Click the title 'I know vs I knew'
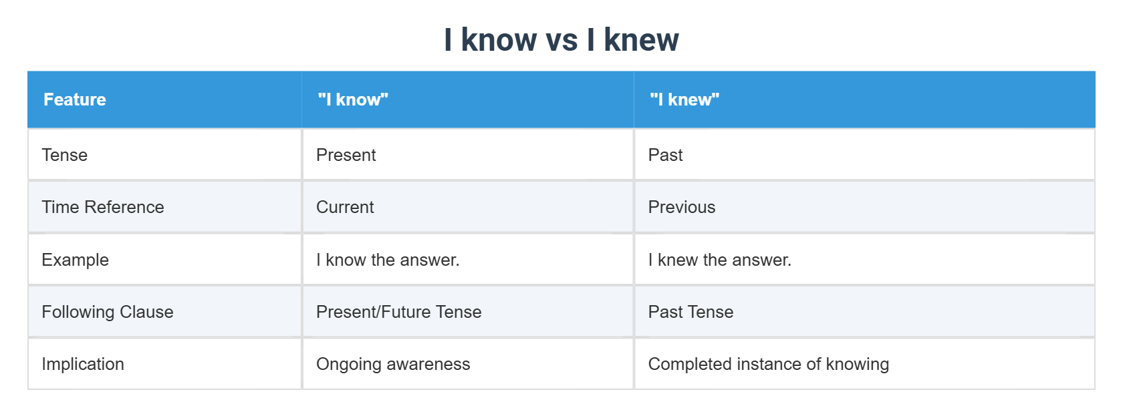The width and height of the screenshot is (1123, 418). [x=561, y=40]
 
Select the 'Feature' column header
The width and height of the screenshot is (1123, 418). [x=75, y=99]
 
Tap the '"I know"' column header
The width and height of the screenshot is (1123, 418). [x=353, y=99]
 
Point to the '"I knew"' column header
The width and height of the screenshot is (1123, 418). [x=684, y=99]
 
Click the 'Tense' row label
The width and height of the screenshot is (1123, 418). [x=65, y=155]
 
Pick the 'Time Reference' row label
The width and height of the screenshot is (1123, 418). [x=103, y=207]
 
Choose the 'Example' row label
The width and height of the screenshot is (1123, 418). [x=76, y=260]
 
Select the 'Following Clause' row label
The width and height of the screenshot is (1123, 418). [x=108, y=312]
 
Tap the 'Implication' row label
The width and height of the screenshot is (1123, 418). [x=83, y=364]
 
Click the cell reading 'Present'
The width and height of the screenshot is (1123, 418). [x=346, y=155]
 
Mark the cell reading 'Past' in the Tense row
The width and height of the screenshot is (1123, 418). [x=666, y=155]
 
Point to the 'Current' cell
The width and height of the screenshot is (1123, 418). [x=345, y=207]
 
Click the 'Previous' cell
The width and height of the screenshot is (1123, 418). [x=682, y=207]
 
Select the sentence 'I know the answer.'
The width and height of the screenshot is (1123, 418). [x=388, y=260]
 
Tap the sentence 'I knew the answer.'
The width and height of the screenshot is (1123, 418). [x=720, y=260]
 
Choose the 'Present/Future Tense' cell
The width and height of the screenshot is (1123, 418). [x=399, y=312]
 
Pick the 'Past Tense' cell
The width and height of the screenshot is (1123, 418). [x=691, y=312]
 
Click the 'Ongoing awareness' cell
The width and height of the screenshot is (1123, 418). [x=393, y=364]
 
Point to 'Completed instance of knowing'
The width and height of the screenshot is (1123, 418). [x=769, y=364]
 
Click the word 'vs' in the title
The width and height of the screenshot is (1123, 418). [x=561, y=40]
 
